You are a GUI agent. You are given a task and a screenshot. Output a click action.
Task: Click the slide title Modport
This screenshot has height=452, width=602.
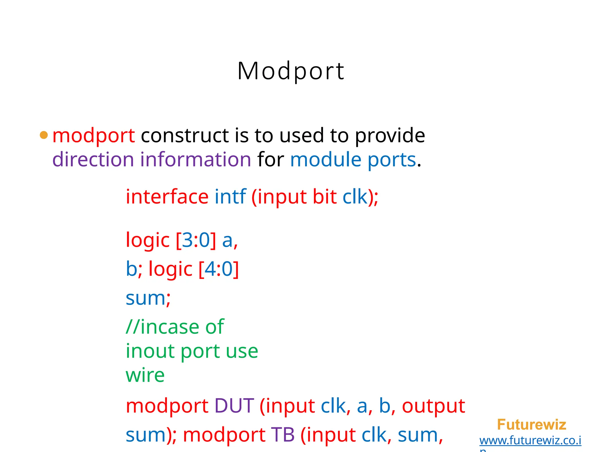click(x=291, y=71)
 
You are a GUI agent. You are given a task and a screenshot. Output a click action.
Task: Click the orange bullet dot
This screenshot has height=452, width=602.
click(x=44, y=135)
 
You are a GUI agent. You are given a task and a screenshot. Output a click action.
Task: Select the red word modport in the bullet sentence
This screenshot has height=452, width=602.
click(x=93, y=136)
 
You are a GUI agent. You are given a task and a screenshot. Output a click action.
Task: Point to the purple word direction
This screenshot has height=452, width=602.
click(x=93, y=159)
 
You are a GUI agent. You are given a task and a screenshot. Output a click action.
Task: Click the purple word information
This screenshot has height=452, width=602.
click(x=195, y=159)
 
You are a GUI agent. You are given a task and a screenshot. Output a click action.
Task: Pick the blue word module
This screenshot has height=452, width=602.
click(x=326, y=159)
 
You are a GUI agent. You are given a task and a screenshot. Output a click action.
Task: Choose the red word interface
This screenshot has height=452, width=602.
click(x=167, y=197)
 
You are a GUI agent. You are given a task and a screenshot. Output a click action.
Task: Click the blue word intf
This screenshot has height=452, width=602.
click(x=230, y=197)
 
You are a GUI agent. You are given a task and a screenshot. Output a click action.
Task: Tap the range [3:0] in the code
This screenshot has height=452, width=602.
click(x=196, y=240)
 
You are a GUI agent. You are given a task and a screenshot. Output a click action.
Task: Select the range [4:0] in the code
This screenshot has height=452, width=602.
click(x=219, y=269)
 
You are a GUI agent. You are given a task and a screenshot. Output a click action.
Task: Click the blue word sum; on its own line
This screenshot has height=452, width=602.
click(x=148, y=298)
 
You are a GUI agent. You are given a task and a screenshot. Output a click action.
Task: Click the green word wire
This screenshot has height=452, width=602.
click(x=145, y=375)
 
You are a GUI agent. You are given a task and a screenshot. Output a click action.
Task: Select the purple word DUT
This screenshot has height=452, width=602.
click(x=234, y=406)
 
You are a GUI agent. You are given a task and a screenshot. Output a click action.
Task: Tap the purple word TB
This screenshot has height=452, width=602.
click(x=282, y=435)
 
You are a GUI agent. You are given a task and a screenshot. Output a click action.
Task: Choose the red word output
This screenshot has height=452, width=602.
click(x=433, y=406)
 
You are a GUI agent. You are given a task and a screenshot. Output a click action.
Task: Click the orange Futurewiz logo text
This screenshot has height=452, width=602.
click(x=531, y=425)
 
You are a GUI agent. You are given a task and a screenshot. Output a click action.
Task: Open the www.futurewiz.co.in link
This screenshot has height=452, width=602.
click(x=530, y=441)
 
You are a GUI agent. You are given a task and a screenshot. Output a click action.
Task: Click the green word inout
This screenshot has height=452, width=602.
click(x=150, y=351)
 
